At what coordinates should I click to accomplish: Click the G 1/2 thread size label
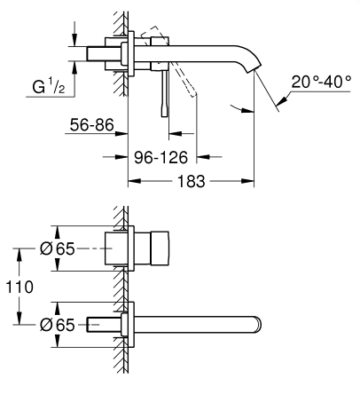[x=49, y=86]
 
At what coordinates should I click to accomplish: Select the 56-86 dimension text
[x=91, y=125]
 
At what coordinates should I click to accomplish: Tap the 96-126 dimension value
[x=160, y=157]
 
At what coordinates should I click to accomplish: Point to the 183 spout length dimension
[x=191, y=181]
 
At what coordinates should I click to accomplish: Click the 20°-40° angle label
[x=322, y=82]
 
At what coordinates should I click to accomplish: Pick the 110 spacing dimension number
[x=20, y=287]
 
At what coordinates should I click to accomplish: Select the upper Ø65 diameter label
[x=58, y=248]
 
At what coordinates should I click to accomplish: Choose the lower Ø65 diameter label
[x=58, y=325]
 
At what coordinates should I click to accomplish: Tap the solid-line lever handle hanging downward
[x=165, y=94]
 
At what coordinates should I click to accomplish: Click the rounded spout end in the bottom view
[x=258, y=325]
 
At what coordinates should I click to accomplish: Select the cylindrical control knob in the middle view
[x=160, y=248]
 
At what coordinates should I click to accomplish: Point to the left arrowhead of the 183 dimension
[x=134, y=181]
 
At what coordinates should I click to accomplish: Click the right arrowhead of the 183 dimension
[x=247, y=181]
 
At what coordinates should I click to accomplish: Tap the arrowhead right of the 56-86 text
[x=121, y=133]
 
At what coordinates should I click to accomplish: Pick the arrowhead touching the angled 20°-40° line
[x=282, y=100]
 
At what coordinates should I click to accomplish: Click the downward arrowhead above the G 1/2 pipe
[x=75, y=40]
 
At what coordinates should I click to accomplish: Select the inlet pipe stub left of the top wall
[x=104, y=54]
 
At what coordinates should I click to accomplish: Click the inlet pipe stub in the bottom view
[x=104, y=325]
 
